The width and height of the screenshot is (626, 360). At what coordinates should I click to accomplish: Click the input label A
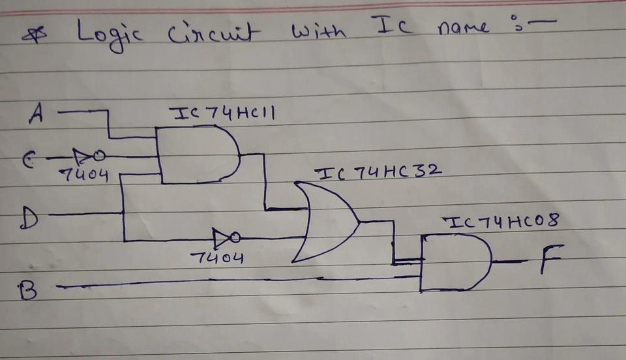pos(37,115)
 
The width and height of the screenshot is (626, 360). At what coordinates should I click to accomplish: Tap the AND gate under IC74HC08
pos(455,262)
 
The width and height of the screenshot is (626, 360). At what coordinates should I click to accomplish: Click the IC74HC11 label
pos(222,113)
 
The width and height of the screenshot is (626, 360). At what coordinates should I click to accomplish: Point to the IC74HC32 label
pos(378,173)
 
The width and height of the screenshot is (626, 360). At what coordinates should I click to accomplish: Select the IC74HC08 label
pos(501,221)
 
